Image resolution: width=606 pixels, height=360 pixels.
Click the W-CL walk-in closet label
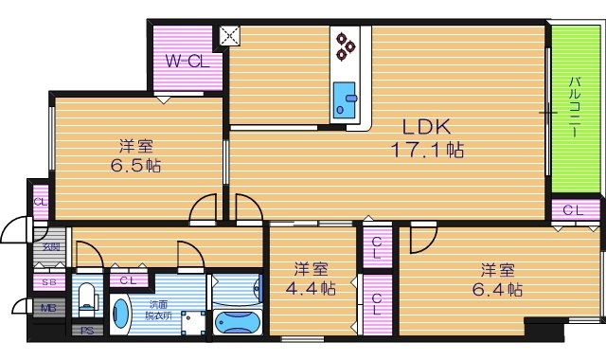[x=187, y=62]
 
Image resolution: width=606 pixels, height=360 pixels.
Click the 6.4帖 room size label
[x=499, y=279]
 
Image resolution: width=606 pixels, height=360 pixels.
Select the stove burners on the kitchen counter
[x=344, y=45]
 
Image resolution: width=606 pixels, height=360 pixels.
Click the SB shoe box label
[x=47, y=281]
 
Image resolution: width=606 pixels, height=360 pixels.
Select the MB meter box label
[x=47, y=307]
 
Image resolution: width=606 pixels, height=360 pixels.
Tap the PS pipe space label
[x=86, y=331]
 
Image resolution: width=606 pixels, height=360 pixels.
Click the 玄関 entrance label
[x=49, y=248]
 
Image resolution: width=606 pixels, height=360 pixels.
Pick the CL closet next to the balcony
[x=573, y=210]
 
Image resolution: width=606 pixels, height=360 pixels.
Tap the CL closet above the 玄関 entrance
[x=41, y=202]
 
